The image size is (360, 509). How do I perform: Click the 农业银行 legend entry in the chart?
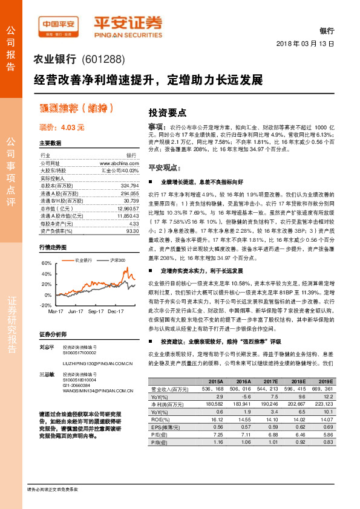[83, 260]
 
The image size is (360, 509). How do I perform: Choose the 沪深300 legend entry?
[117, 260]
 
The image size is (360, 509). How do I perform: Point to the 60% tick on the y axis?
[47, 264]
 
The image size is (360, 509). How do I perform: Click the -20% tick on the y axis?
[45, 305]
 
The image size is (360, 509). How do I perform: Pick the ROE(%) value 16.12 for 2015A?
[216, 418]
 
